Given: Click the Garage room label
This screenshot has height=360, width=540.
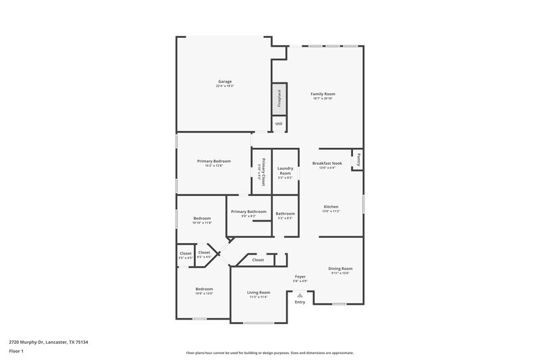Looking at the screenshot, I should (225, 81).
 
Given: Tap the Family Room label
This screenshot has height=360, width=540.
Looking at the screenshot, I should (323, 94).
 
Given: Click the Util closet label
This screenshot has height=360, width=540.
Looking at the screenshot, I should (279, 124).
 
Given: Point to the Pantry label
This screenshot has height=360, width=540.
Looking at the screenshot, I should (358, 159).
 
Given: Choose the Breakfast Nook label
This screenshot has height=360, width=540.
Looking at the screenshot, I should (327, 163).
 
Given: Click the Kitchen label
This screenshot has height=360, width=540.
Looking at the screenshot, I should (331, 207).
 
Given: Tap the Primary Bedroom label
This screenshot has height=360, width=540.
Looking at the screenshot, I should (214, 161).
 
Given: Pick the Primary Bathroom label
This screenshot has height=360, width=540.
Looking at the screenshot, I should (248, 212).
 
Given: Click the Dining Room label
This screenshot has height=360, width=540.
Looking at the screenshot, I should (341, 268).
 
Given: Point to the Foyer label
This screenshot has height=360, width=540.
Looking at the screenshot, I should (300, 277).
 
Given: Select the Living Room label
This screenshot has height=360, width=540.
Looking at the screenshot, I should (259, 292).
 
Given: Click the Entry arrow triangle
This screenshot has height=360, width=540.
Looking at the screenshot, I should (300, 294).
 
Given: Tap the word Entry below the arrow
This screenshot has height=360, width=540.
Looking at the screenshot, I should (300, 302).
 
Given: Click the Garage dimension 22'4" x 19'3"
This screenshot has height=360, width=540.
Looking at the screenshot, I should (225, 86).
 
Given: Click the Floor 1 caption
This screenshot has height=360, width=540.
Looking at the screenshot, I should (16, 352).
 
